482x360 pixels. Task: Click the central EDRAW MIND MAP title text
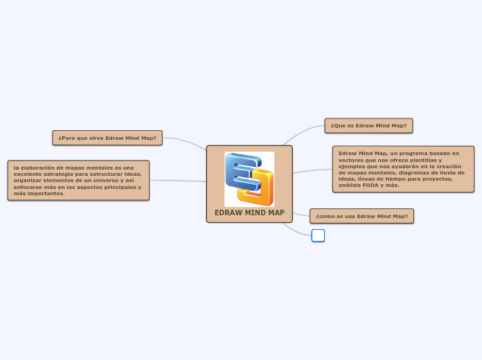coord(249,213)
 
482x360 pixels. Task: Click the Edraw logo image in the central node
coord(249,179)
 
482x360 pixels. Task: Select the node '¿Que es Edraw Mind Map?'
coord(368,125)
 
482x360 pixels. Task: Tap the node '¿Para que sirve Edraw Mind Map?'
coord(107,138)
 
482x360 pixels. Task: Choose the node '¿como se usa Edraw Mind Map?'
coord(361,216)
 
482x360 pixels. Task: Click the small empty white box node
coord(318,235)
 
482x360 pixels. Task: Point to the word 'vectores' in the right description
coord(352,160)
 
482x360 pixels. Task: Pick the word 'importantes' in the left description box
coord(46,193)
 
